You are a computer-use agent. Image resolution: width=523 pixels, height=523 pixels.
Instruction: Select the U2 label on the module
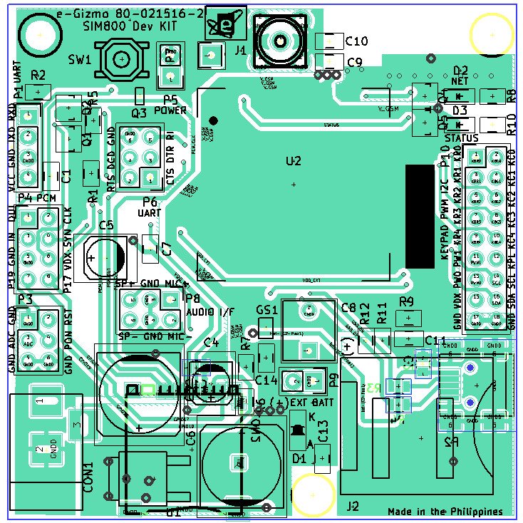pyautogui.click(x=294, y=162)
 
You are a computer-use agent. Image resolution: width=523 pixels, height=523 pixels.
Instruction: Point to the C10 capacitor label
pyautogui.click(x=356, y=41)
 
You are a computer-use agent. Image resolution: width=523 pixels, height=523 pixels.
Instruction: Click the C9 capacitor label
pyautogui.click(x=354, y=62)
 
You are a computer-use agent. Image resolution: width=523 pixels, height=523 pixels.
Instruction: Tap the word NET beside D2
pyautogui.click(x=457, y=82)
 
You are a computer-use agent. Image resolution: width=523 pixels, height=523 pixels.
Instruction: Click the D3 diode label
pyautogui.click(x=460, y=110)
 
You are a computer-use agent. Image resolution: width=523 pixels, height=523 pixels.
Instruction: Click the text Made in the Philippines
pyautogui.click(x=445, y=512)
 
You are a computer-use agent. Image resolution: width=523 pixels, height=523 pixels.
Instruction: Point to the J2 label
pyautogui.click(x=352, y=507)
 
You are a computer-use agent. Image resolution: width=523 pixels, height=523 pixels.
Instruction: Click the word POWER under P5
pyautogui.click(x=170, y=111)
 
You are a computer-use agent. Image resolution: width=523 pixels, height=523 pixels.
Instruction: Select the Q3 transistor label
pyautogui.click(x=139, y=112)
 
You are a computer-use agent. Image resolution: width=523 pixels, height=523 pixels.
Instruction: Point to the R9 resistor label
pyautogui.click(x=406, y=301)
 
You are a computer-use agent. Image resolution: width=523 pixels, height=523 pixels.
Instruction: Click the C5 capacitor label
pyautogui.click(x=106, y=225)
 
